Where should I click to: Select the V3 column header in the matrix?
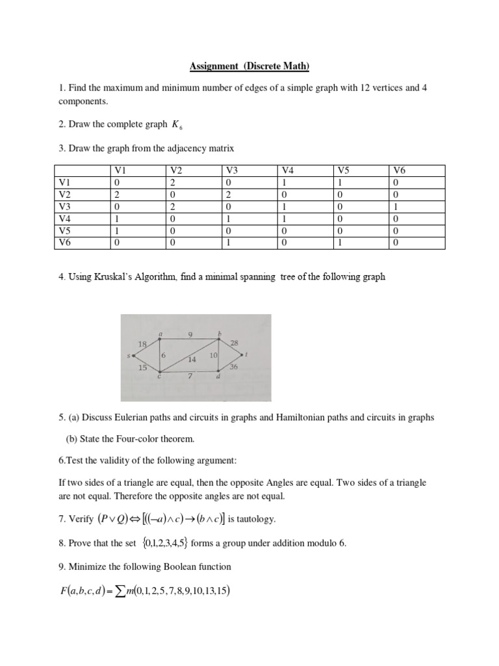tap(232, 170)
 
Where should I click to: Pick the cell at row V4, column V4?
tap(287, 219)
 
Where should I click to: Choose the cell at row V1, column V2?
tap(173, 183)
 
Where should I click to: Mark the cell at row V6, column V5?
tap(342, 243)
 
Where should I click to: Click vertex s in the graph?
tap(133, 355)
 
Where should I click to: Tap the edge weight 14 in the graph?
tap(192, 359)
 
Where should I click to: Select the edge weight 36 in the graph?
tap(233, 367)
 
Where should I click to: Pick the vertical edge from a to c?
tap(159, 355)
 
